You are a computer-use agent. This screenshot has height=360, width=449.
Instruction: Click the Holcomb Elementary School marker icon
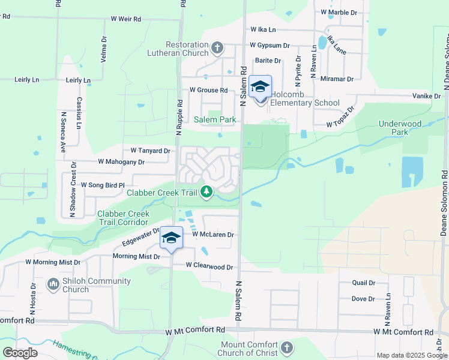point(260,88)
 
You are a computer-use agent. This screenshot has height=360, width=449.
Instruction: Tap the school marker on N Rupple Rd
point(171,239)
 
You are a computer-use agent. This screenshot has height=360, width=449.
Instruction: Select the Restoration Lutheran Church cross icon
point(217,47)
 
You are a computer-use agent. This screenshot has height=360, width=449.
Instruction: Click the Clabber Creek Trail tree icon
point(206,192)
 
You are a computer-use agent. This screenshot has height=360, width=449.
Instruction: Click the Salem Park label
point(215,119)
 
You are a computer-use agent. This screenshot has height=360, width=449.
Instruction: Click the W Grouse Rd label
point(208,90)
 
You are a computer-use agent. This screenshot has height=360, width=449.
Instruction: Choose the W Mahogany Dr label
point(121,162)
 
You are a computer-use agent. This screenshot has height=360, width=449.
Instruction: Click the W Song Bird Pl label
point(102,185)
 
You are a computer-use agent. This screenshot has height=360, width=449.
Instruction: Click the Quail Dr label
point(363,283)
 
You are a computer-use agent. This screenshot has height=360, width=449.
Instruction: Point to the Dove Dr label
point(363,299)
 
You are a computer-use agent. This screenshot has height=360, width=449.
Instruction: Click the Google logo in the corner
point(20,353)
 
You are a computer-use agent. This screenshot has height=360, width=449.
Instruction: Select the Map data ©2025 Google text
point(411,355)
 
